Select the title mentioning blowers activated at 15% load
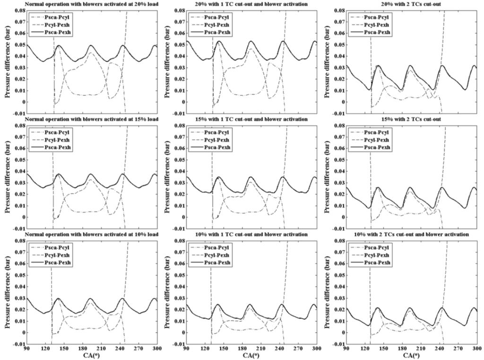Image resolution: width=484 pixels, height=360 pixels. [86, 119]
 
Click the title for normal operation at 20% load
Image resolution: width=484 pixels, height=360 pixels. [86, 4]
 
